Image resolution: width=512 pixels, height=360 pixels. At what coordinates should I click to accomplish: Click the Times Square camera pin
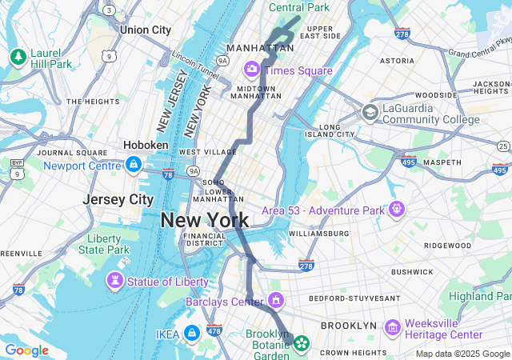(252, 70)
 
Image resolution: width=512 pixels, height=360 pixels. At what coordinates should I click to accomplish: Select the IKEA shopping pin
(191, 333)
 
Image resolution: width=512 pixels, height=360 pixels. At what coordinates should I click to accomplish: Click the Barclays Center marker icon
(276, 302)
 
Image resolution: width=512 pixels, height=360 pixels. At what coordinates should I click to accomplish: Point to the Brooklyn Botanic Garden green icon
(301, 344)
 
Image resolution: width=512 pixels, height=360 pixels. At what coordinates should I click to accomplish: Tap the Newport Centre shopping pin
(134, 166)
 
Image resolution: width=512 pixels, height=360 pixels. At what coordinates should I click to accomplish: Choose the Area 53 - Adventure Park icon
(396, 210)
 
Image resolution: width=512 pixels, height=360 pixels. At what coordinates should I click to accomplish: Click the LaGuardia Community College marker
(370, 112)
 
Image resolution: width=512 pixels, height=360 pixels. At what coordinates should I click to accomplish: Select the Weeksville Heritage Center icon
(392, 327)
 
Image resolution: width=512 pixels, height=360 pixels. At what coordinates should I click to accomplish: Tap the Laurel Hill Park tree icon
(18, 57)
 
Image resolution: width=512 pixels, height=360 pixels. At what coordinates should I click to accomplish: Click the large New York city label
(205, 220)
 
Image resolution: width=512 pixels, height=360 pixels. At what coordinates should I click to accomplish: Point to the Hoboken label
(146, 145)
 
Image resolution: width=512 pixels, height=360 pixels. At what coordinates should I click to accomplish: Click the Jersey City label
(118, 199)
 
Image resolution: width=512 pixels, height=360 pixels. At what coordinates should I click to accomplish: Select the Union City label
(146, 30)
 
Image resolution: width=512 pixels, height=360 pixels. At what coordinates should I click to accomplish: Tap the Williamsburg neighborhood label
(318, 234)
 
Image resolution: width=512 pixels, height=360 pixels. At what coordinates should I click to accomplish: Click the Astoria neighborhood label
(397, 60)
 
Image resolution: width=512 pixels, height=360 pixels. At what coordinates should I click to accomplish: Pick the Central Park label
(299, 7)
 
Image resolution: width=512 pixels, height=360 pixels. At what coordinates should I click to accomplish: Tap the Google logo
(26, 350)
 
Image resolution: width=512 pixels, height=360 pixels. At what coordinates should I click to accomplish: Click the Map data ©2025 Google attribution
(462, 354)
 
